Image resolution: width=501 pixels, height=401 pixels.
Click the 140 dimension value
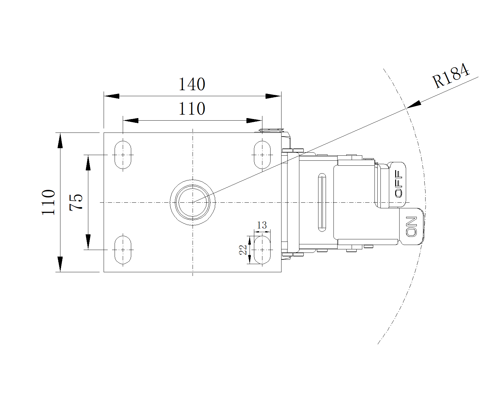click(192, 84)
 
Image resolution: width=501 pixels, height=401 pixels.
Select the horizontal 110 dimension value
click(192, 109)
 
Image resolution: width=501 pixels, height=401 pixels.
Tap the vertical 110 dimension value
click(49, 202)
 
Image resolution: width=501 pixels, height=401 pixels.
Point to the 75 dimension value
click(76, 202)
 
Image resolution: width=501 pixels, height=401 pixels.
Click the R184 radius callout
click(451, 76)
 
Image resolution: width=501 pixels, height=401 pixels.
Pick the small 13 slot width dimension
click(262, 225)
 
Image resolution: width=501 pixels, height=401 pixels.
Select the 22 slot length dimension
click(243, 250)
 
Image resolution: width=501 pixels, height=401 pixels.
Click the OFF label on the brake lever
click(398, 184)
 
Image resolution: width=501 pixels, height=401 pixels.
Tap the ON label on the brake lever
click(411, 227)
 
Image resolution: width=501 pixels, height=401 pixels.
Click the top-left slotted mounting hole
click(123, 155)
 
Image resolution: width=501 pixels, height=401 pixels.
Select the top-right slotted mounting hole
click(262, 155)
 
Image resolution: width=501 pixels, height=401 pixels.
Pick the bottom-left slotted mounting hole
click(123, 250)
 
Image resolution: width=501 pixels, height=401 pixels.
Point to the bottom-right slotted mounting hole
click(262, 250)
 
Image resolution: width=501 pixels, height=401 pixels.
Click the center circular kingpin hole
click(193, 202)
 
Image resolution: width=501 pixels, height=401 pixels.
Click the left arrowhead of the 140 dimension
click(111, 96)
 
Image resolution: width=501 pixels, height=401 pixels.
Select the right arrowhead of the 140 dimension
click(273, 96)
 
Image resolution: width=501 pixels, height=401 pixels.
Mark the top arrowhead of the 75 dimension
click(88, 163)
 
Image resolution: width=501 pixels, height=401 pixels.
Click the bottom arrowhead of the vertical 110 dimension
click(60, 264)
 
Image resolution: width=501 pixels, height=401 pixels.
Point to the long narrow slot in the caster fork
click(322, 202)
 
